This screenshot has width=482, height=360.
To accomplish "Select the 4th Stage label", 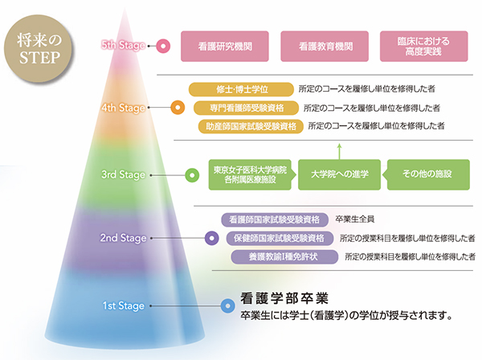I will pyautogui.click(x=123, y=107).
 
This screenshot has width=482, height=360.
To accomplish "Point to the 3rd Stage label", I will pyautogui.click(x=123, y=174).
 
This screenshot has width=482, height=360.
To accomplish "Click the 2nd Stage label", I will pyautogui.click(x=123, y=238).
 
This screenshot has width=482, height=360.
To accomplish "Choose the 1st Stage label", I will pyautogui.click(x=123, y=305).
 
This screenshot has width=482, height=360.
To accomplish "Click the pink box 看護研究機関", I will pyautogui.click(x=226, y=47).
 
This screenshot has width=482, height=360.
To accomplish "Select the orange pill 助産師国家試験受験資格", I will pyautogui.click(x=250, y=126).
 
